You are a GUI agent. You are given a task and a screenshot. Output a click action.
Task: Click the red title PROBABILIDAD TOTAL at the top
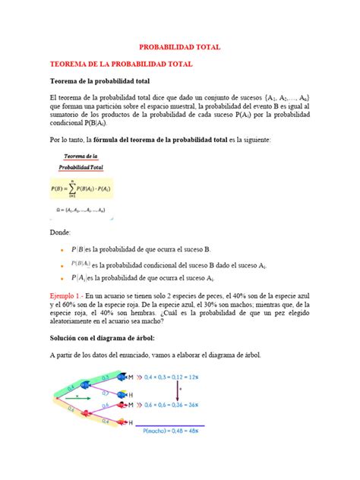[x=179, y=47]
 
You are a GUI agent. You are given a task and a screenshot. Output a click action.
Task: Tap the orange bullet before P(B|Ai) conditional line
[x=62, y=264]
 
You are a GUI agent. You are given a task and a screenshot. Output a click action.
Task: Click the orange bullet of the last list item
[x=62, y=279]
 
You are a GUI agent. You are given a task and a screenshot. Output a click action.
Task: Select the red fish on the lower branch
[x=125, y=406]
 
